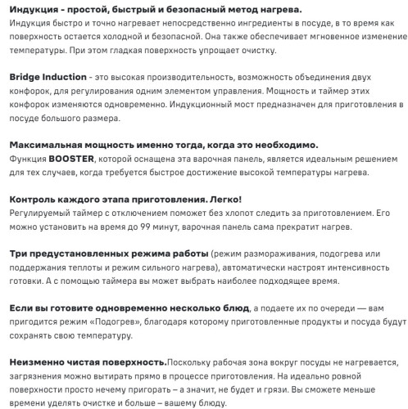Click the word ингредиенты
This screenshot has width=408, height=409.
(264, 22)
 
